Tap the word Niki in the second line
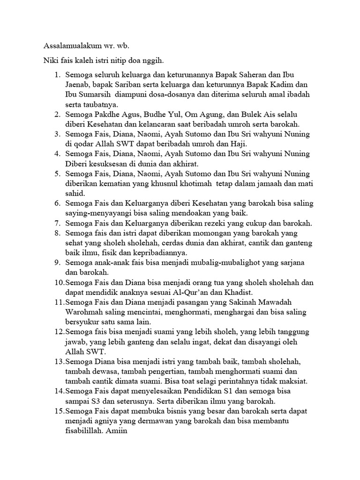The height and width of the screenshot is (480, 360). click(x=51, y=61)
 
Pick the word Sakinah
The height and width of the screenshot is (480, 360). click(x=250, y=301)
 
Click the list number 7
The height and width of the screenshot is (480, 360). click(x=58, y=223)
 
